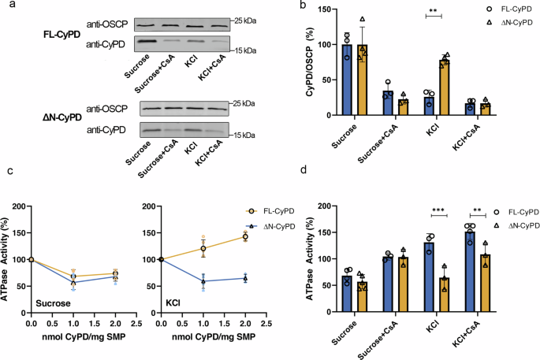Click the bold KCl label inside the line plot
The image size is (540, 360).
170,302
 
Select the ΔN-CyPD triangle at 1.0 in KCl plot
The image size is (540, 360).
202,280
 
